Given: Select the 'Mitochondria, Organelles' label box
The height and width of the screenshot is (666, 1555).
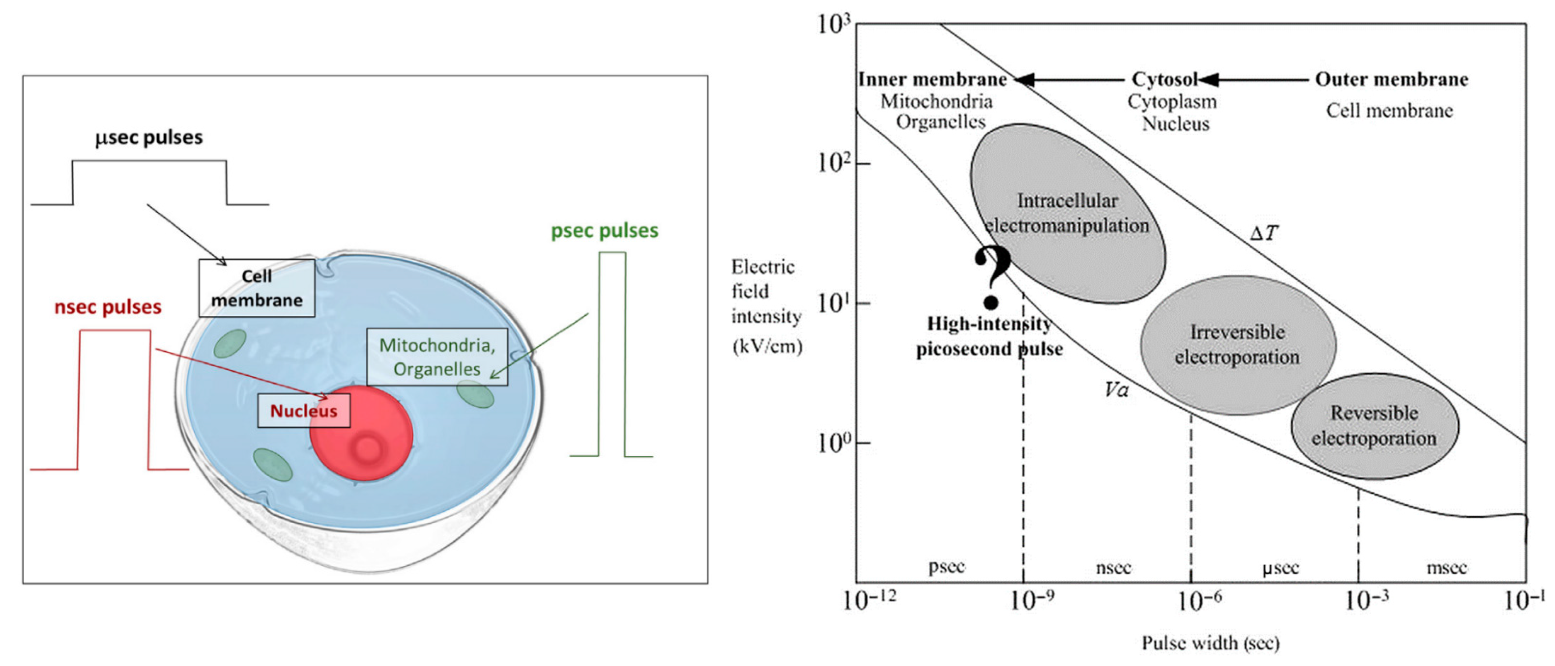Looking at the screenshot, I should pos(437,356).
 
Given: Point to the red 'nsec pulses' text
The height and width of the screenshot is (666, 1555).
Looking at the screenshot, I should pos(108,307).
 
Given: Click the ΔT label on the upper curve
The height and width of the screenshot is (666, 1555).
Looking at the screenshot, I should pos(1264,233).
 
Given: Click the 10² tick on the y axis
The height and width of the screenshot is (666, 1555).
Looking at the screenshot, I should pos(835,163).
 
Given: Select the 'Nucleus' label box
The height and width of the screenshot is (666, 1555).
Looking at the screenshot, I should pos(303,411).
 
